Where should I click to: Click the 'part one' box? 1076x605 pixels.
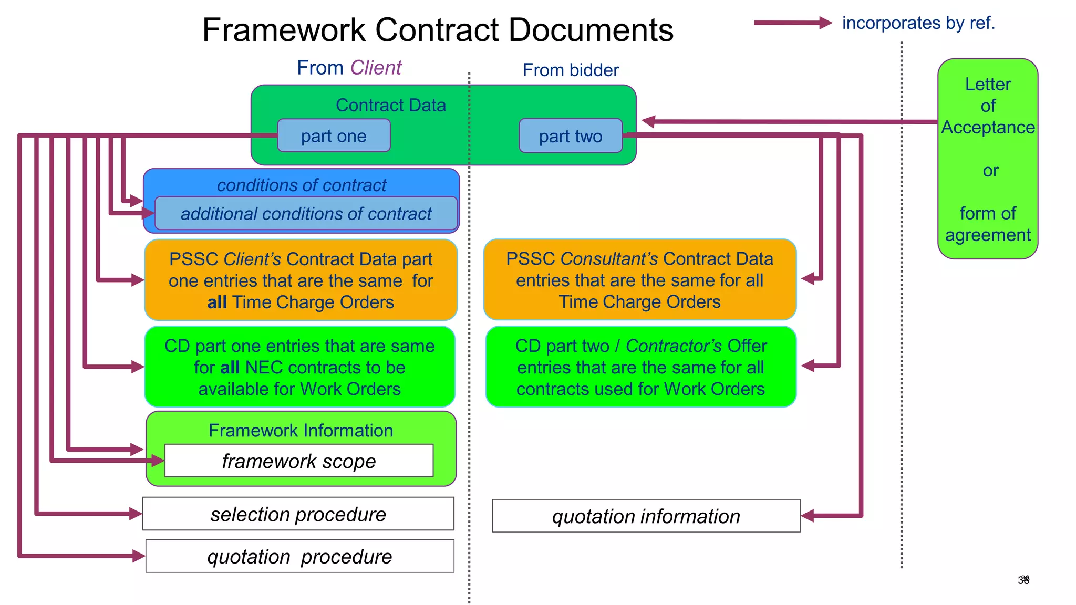click(x=334, y=136)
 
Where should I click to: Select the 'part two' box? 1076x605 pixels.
click(x=571, y=136)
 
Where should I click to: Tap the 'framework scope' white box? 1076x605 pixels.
click(x=298, y=461)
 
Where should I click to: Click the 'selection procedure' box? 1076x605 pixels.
click(x=298, y=514)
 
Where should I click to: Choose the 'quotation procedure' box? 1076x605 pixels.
click(x=299, y=556)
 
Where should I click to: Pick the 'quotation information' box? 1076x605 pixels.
click(x=646, y=516)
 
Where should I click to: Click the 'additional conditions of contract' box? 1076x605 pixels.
click(x=306, y=214)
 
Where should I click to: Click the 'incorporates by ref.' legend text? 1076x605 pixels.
click(x=918, y=23)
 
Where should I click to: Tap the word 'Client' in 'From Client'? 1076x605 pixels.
click(x=376, y=68)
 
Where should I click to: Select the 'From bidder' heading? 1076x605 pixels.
click(x=571, y=70)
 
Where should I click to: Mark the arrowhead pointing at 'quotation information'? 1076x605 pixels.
click(x=808, y=516)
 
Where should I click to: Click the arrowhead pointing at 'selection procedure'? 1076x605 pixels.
click(x=136, y=514)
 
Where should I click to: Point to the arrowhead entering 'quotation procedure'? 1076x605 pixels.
click(x=139, y=556)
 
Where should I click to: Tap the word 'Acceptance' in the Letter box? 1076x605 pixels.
click(x=988, y=127)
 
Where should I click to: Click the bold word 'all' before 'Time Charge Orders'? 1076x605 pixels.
click(x=216, y=302)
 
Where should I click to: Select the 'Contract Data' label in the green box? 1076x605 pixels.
click(x=390, y=105)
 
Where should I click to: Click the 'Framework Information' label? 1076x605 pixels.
click(x=301, y=431)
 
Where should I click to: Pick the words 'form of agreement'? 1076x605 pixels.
click(x=988, y=224)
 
